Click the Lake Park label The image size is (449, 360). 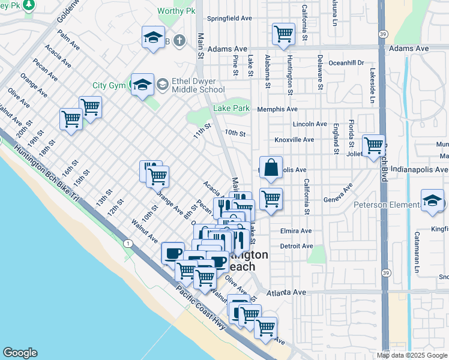click(231, 109)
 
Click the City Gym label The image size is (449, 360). click(109, 86)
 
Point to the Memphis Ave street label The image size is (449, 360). click(277, 109)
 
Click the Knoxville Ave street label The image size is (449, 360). click(294, 140)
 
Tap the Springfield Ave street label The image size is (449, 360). click(229, 19)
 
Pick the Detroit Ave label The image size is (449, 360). click(297, 246)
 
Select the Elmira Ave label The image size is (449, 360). click(296, 230)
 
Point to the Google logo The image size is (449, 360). click(20, 353)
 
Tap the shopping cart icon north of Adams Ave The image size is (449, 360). click(283, 34)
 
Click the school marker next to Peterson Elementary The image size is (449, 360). click(432, 201)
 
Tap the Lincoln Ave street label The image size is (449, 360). click(310, 124)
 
